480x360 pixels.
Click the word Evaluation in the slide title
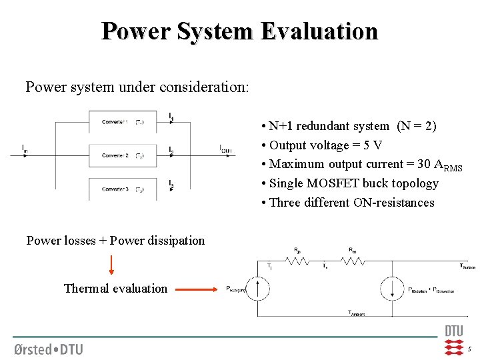point(319,31)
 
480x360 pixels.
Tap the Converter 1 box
point(123,122)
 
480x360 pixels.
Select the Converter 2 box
point(123,156)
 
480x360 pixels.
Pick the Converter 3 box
point(123,189)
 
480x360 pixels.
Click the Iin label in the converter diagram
point(25,147)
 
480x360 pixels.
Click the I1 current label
point(171,117)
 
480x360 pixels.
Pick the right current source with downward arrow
point(389,289)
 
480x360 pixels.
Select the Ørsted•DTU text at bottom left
point(48,348)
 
